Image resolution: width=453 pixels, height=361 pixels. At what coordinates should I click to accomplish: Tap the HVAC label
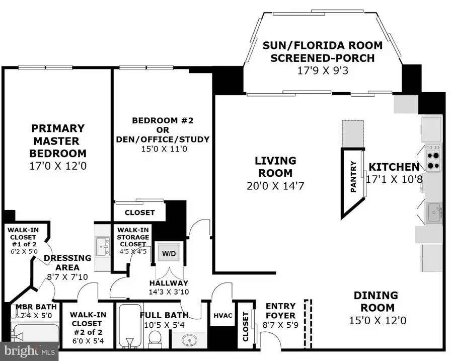click(x=222, y=316)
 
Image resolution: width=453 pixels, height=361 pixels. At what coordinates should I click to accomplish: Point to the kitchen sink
click(x=433, y=212)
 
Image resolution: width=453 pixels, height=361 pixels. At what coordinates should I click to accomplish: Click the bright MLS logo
click(x=28, y=350)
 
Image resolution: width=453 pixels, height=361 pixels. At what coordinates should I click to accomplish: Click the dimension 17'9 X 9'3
click(x=323, y=70)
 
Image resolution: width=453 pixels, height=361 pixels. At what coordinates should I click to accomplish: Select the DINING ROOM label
click(x=375, y=301)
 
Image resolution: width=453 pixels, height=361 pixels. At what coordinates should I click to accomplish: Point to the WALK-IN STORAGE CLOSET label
click(x=133, y=237)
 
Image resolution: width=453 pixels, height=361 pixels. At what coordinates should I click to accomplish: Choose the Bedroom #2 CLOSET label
click(x=139, y=212)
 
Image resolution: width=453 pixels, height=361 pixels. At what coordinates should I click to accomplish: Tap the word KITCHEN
click(x=394, y=167)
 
